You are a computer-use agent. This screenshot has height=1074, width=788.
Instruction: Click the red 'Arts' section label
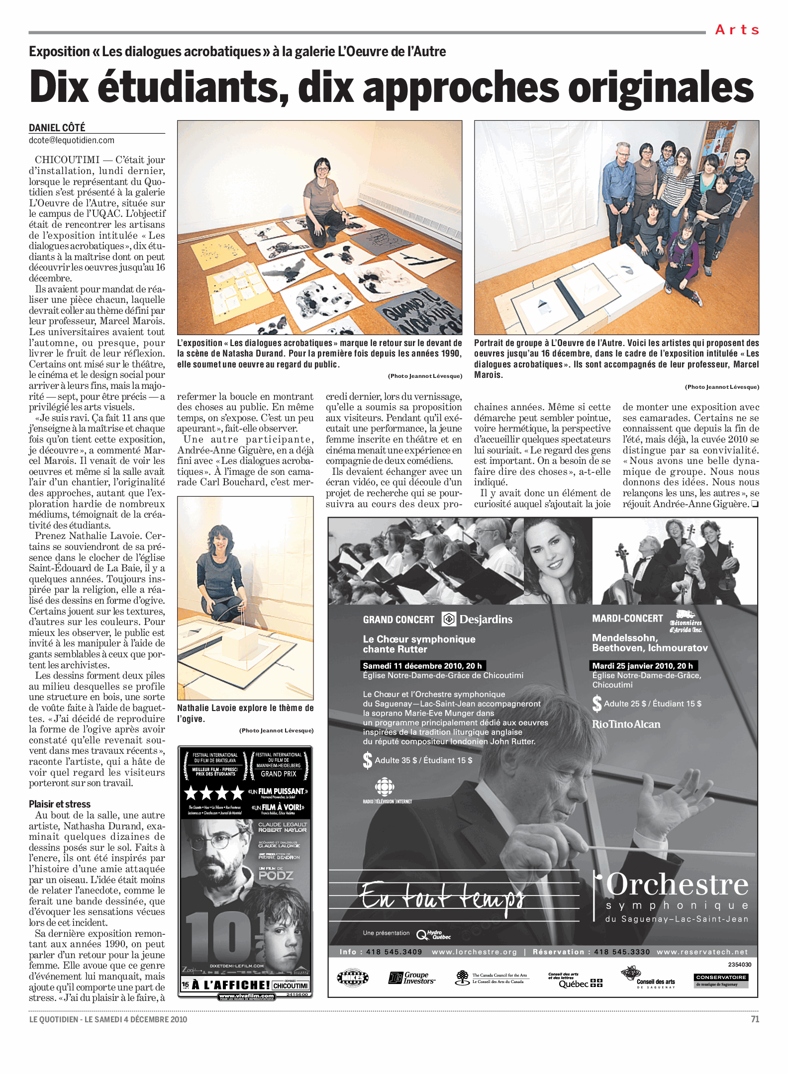click(737, 30)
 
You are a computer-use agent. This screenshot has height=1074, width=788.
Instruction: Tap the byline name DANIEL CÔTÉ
click(57, 128)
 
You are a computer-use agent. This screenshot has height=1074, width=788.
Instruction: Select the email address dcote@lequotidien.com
click(72, 141)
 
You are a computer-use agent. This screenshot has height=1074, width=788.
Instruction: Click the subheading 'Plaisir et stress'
click(60, 804)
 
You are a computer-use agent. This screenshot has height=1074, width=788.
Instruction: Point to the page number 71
click(755, 1019)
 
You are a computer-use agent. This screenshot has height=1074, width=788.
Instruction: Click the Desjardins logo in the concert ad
click(478, 619)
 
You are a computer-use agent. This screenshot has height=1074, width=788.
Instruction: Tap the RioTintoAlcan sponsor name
click(626, 724)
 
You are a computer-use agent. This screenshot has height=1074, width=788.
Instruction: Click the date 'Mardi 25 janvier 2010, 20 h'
click(642, 666)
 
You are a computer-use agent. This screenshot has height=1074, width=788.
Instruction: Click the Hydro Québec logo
click(434, 935)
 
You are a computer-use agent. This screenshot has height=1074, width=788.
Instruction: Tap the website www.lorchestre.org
click(474, 952)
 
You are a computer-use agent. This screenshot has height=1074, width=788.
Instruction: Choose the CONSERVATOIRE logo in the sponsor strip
click(721, 980)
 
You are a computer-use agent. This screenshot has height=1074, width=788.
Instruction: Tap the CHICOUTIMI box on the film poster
click(291, 985)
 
